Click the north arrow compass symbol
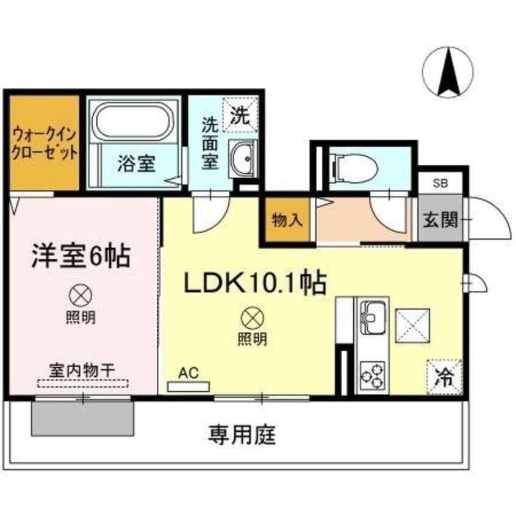pos(448,72)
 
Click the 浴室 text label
pos(136,163)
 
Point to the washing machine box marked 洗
pos(240,115)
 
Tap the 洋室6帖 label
pos(81,257)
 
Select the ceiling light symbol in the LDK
pos(251,318)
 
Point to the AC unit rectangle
pos(188,386)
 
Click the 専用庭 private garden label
pos(242,434)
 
